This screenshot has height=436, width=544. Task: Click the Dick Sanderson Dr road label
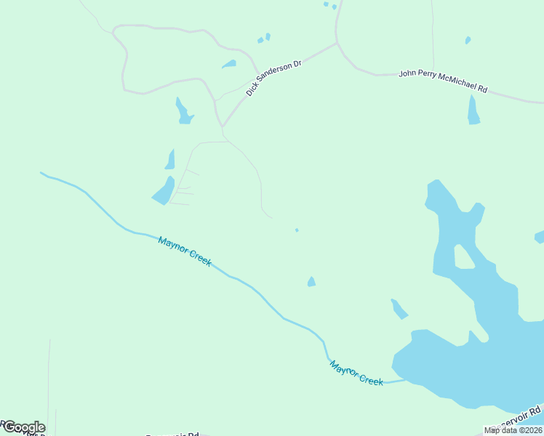tap(273, 78)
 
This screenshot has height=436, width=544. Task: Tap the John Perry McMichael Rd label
tap(443, 81)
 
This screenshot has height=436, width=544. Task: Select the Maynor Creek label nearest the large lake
tap(356, 373)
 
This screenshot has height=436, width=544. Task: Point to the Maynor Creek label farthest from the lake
tap(185, 251)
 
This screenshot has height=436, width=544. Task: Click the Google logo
tap(23, 427)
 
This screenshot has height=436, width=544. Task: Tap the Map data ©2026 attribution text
tap(513, 430)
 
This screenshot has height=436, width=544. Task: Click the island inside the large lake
tap(463, 257)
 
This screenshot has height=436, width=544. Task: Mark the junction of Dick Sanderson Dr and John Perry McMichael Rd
tap(337, 43)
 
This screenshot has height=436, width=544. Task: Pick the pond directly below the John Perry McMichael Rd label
tap(473, 111)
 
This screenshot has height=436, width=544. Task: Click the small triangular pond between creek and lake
tap(311, 282)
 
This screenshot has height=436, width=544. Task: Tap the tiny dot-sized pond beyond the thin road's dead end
tap(297, 230)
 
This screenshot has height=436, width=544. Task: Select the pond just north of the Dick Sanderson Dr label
tap(229, 64)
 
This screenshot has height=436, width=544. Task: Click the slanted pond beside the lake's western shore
tap(399, 309)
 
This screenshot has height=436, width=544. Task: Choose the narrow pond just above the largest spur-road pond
tap(170, 160)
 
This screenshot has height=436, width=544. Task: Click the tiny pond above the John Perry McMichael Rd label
tap(468, 40)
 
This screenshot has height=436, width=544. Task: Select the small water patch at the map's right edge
tap(540, 237)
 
